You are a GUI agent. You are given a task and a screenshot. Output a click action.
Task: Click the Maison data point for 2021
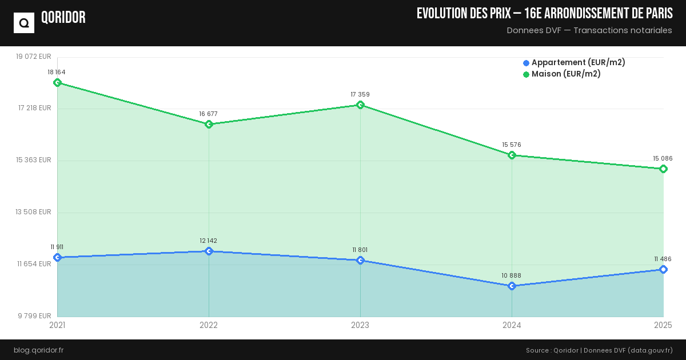[x=57, y=82]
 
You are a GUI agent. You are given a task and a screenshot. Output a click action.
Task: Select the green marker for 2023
[x=360, y=105]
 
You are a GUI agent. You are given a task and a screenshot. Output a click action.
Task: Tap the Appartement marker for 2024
[x=512, y=286]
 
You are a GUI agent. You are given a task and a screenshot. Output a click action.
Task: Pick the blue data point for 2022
[x=209, y=251]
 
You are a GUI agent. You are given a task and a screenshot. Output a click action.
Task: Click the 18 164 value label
[x=57, y=72]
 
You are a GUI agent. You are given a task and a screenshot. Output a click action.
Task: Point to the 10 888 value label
[x=512, y=275]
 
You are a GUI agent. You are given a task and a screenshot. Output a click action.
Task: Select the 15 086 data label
[x=663, y=158]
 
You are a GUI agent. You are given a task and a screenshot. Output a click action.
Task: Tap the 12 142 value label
[x=208, y=241]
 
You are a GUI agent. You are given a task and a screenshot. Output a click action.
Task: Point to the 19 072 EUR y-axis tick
[x=34, y=56]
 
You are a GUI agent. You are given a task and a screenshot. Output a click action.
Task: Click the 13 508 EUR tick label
[x=34, y=211]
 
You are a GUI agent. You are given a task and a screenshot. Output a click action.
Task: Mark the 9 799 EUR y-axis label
[x=34, y=315]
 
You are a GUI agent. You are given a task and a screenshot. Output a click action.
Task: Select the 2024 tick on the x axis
[x=512, y=325]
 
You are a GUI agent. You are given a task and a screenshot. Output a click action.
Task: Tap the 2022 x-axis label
[x=209, y=325]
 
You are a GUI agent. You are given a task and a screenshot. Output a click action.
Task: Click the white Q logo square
[x=24, y=23]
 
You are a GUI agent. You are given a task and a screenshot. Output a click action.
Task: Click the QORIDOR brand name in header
[x=63, y=18]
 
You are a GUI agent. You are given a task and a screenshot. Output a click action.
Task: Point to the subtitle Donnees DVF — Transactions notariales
[x=589, y=30]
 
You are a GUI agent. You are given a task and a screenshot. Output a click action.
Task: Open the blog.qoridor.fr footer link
[x=39, y=350]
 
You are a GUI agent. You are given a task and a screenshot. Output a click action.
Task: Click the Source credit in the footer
[x=599, y=350]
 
